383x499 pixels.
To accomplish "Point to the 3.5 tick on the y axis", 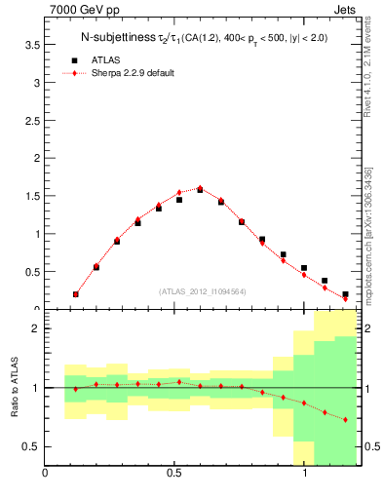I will click(32, 45).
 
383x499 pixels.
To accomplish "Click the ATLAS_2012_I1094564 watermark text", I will click(203, 290).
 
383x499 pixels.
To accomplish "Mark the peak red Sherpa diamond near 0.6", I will click(200, 188).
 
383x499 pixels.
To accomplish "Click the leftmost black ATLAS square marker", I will click(76, 293).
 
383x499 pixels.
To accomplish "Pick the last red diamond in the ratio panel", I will click(345, 420).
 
